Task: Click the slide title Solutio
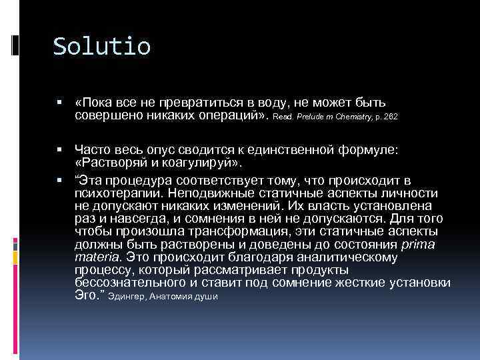[x=102, y=47]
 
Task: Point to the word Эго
[x=87, y=295]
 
